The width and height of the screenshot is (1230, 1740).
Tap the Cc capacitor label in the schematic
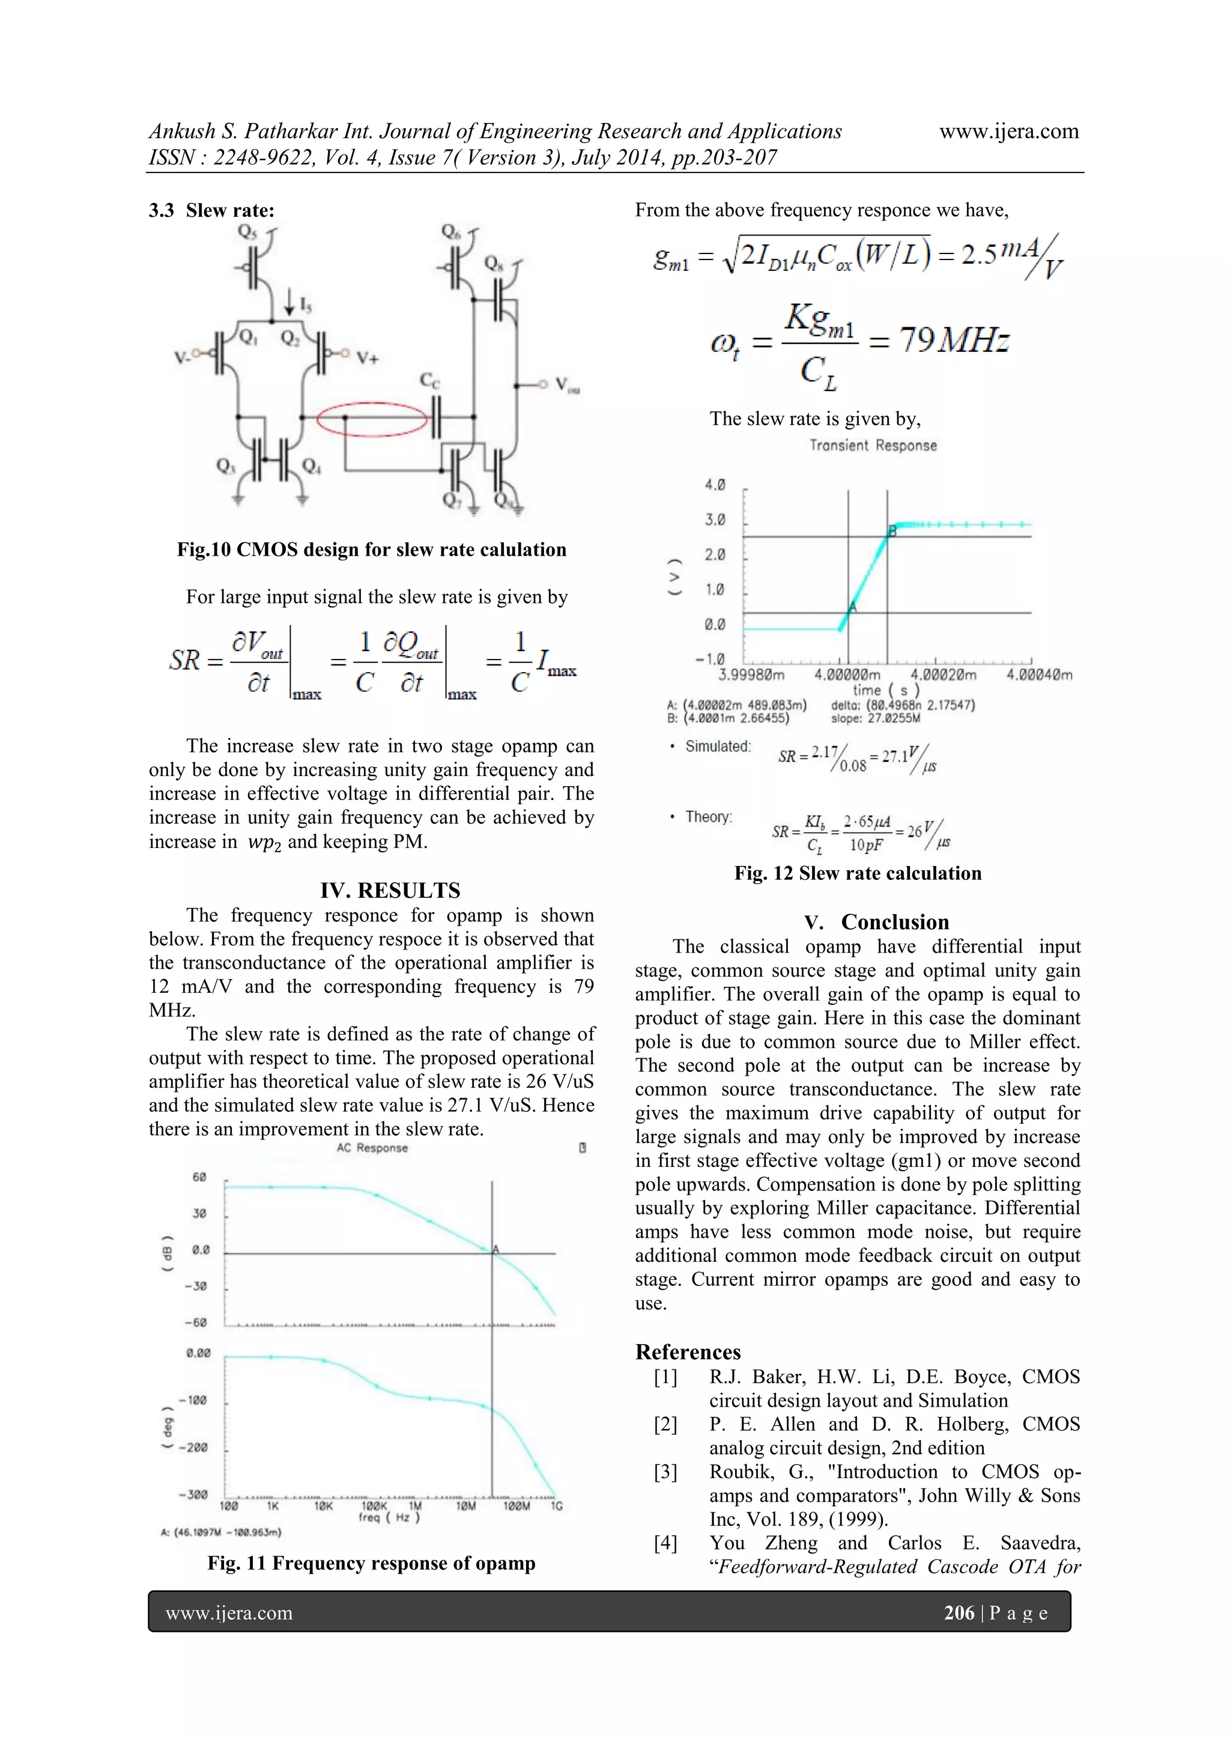tap(429, 380)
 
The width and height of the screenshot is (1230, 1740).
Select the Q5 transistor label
tap(247, 231)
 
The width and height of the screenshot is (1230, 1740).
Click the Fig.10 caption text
tap(371, 550)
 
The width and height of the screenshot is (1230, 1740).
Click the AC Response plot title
tap(372, 1148)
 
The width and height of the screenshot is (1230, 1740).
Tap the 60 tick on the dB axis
tap(199, 1177)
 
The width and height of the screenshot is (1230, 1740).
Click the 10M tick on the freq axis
tap(466, 1506)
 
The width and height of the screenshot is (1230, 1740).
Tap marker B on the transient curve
tap(892, 530)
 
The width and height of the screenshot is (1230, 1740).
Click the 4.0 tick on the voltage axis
tap(715, 485)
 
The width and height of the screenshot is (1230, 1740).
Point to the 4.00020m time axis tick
tap(943, 674)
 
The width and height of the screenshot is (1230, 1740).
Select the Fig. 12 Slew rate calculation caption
tap(857, 873)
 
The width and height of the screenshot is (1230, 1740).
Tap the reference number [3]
tap(665, 1472)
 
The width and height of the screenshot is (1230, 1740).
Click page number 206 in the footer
tap(959, 1613)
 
